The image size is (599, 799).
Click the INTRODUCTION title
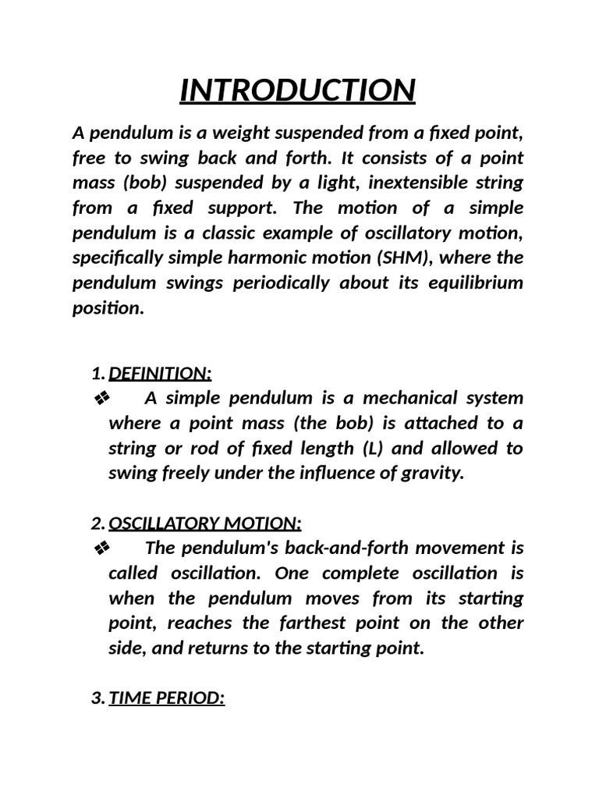(297, 90)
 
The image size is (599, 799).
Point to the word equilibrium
(475, 282)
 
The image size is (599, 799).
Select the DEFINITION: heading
(160, 374)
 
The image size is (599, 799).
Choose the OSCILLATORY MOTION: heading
(205, 523)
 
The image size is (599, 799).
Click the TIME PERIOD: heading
(167, 698)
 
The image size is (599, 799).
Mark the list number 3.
(97, 698)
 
